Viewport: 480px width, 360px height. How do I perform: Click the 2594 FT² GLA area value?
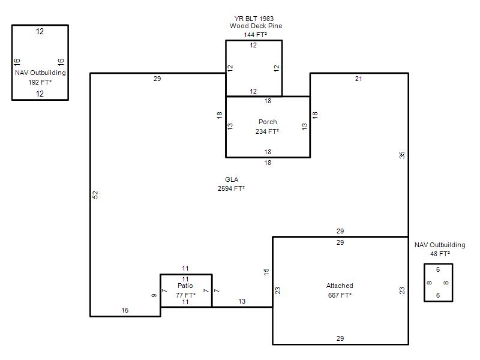coord(231,188)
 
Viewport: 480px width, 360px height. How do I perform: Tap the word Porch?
coord(268,122)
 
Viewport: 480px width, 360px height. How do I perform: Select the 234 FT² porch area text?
coord(267,131)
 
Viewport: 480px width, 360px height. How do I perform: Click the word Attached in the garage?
coord(340,286)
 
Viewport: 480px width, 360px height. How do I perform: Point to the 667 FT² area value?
coord(340,295)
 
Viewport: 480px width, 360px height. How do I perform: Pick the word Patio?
coord(185,286)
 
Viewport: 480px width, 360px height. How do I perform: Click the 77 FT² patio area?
coord(185,295)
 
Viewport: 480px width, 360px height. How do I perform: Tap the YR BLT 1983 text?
coord(254,19)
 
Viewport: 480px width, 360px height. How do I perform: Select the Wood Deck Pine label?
coord(256,26)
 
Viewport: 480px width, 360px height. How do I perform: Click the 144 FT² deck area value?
coord(256,35)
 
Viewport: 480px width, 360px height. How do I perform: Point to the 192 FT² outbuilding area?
coord(40,82)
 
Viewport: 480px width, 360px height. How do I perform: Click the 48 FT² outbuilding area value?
coord(440,254)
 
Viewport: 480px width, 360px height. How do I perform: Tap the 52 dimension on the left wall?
coord(95,194)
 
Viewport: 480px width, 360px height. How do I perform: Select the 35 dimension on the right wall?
coord(402,155)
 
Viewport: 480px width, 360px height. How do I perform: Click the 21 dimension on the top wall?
coord(358,79)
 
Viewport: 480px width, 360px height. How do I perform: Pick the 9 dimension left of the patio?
coord(154,295)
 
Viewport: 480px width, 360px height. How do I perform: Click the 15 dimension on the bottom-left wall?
coord(125,310)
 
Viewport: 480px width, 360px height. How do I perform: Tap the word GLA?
coord(232,179)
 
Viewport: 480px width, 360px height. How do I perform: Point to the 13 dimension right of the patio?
coord(242,301)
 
